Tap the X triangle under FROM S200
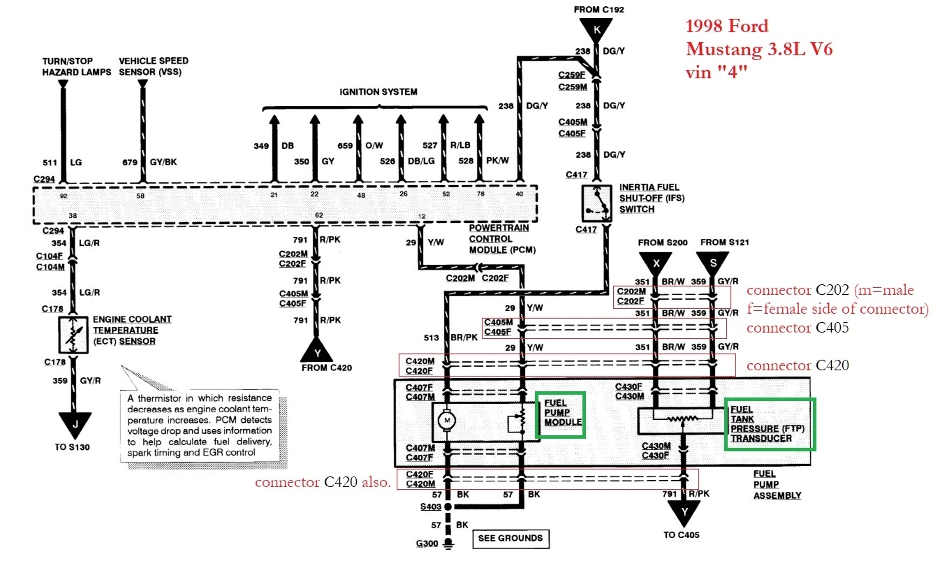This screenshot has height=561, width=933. coord(656,263)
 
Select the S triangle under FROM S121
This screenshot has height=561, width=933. coord(713,263)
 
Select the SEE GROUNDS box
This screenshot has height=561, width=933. coord(510,538)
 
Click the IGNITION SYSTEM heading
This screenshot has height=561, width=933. coord(378,92)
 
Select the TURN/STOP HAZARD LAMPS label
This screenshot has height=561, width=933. coord(67,66)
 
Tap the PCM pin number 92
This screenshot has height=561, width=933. coord(64,196)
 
